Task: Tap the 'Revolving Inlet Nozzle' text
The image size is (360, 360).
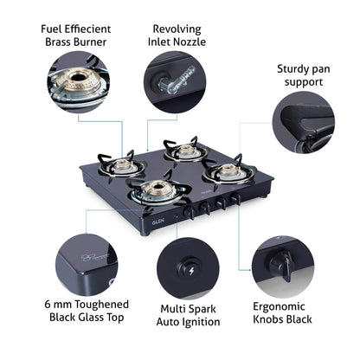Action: [x=177, y=34]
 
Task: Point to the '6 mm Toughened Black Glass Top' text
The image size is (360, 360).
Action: [x=87, y=311]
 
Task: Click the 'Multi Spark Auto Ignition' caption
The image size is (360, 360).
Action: [x=190, y=315]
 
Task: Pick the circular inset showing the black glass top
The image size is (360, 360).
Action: [x=86, y=263]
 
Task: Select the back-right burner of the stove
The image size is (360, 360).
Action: [x=185, y=152]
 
